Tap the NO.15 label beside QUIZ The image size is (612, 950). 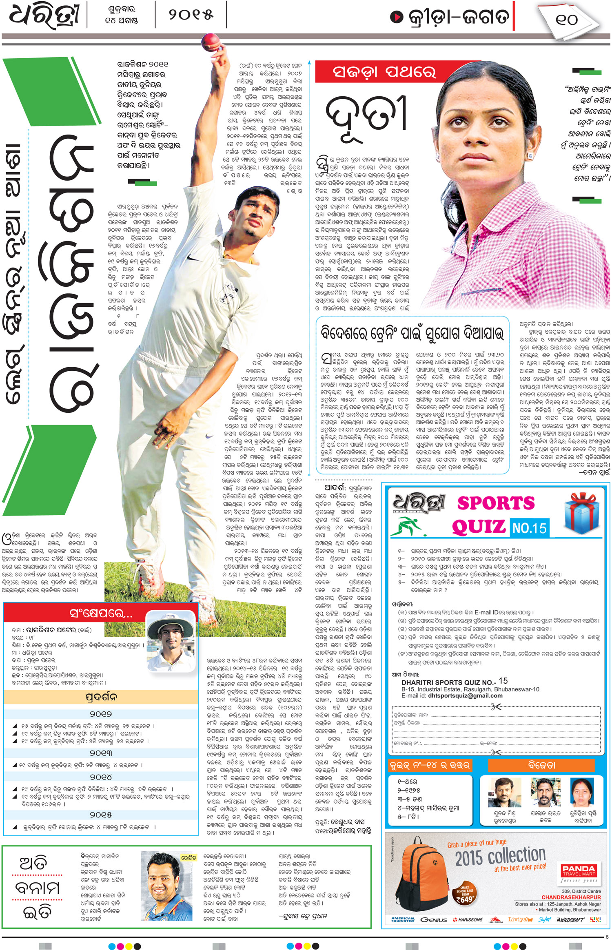529,528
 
